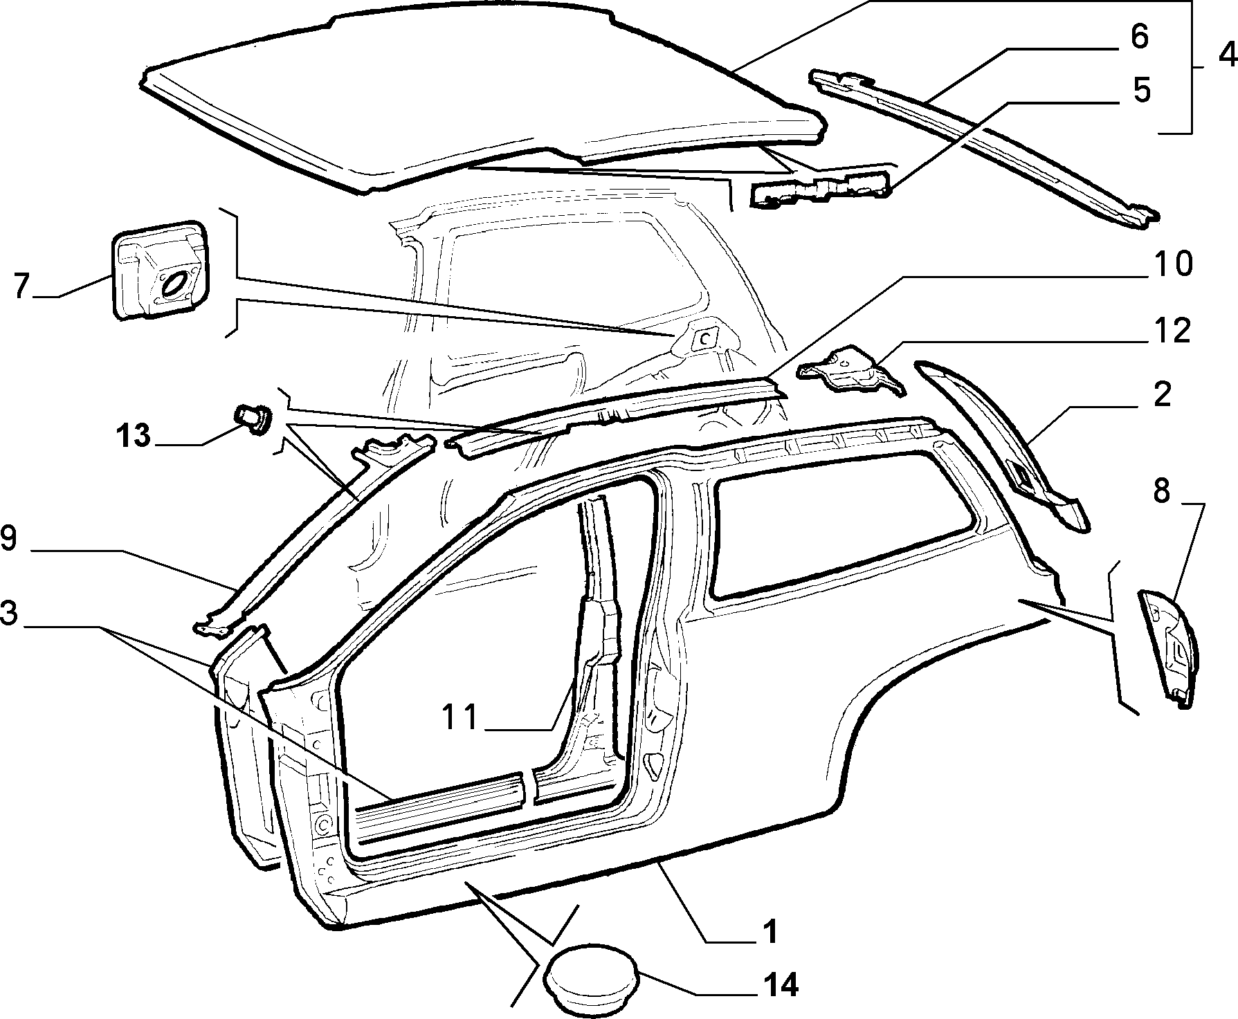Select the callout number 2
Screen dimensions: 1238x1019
[1161, 395]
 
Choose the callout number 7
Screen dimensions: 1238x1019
[22, 286]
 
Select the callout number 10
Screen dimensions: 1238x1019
[1172, 264]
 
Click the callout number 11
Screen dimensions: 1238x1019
[462, 717]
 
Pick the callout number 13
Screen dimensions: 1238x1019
[133, 436]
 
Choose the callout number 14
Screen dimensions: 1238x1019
[779, 985]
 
